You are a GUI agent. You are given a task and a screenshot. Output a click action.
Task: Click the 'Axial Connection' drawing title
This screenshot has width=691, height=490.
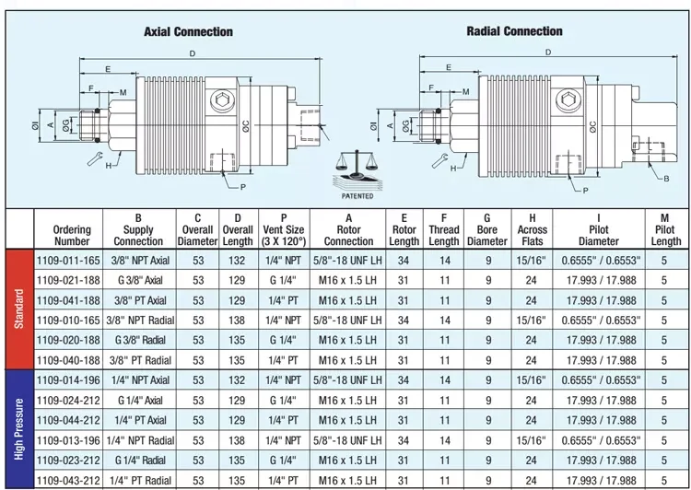(188, 31)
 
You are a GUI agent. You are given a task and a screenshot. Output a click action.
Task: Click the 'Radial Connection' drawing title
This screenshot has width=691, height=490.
(514, 31)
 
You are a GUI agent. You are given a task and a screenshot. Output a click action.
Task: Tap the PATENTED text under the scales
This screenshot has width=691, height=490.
(357, 196)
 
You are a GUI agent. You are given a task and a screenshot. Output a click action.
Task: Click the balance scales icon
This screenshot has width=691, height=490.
(357, 164)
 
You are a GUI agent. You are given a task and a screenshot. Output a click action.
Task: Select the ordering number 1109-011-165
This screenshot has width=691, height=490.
(68, 261)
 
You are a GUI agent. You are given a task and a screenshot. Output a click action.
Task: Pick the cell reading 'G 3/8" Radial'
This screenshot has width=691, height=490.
(140, 340)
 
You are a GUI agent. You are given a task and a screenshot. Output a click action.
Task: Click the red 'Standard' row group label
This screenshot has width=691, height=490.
(19, 309)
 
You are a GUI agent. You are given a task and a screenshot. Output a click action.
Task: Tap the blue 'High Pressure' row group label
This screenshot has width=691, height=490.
(19, 429)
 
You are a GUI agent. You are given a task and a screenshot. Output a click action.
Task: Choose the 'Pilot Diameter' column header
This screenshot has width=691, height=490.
(599, 229)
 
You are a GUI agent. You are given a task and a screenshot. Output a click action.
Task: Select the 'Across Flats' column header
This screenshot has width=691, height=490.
(532, 229)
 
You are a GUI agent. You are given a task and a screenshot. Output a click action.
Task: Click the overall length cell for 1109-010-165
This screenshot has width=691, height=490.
(237, 321)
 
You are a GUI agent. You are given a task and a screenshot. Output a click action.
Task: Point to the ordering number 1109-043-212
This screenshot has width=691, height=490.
(68, 480)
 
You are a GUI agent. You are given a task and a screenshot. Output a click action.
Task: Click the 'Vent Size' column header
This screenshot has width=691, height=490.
(284, 229)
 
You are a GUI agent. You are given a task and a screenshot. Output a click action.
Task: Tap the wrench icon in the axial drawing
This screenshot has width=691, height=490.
(95, 158)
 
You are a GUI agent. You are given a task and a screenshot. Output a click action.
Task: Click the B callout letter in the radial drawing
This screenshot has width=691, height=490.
(666, 179)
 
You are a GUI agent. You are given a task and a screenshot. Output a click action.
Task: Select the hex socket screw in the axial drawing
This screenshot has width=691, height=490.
(222, 100)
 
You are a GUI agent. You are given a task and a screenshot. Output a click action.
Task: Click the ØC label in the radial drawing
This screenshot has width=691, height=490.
(593, 126)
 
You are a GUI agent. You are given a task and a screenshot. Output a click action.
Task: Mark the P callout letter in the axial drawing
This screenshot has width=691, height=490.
(243, 187)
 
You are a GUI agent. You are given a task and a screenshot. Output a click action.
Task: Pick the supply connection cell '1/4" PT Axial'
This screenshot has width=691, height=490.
(140, 420)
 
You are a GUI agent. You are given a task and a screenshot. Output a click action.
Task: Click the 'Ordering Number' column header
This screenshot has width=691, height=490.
(72, 235)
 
